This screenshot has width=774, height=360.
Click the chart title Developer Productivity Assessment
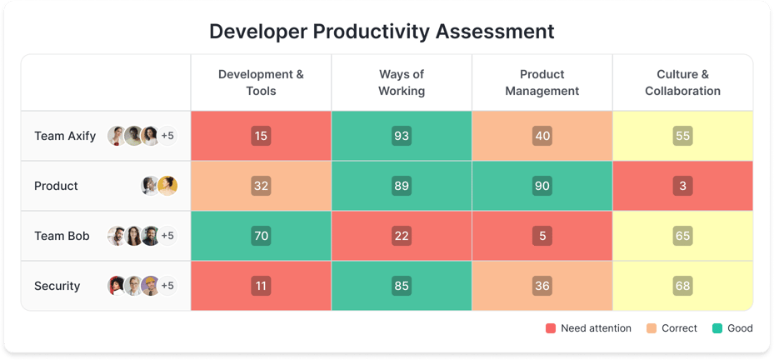point(382,32)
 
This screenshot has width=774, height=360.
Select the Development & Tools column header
point(261,82)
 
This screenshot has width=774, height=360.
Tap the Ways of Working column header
point(402,82)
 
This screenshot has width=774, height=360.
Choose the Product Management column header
point(542,82)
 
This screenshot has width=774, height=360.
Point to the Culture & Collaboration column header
point(682,82)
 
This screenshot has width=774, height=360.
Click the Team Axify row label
point(65,136)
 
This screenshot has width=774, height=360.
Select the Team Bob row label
point(62,236)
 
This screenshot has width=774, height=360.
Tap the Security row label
point(57,286)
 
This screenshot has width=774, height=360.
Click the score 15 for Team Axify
point(261,136)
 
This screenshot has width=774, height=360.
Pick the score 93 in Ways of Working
point(402,136)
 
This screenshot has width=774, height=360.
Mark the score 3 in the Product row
point(682,186)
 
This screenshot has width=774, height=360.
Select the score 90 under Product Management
point(542,186)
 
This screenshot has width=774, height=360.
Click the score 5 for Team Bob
point(542,236)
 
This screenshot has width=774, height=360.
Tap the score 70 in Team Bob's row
point(261,236)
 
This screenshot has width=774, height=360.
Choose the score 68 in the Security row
point(682,286)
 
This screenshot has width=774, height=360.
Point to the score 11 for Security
point(261,286)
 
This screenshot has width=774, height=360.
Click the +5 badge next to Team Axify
point(167,136)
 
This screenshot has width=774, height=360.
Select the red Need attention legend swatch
point(550,328)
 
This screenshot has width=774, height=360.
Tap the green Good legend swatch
point(717,328)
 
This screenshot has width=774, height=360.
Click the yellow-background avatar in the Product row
point(167,186)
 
